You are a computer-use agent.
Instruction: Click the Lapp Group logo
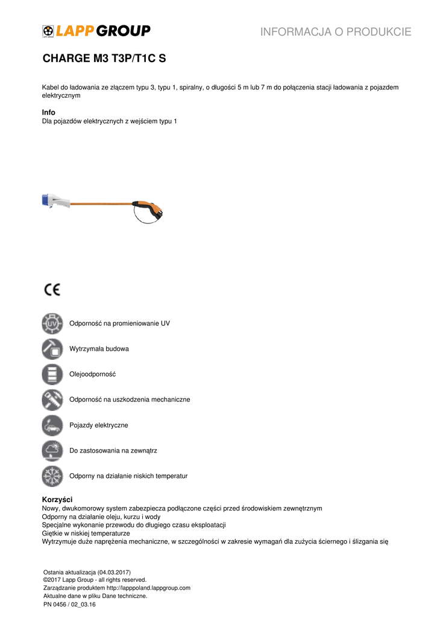(x=96, y=31)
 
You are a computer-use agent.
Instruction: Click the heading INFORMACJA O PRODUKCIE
(x=336, y=32)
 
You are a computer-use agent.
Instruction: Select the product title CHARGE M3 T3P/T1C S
(x=104, y=59)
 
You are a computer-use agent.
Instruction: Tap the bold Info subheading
(x=48, y=112)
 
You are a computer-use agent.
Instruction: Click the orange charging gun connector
(x=150, y=208)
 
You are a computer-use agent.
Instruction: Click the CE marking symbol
(x=52, y=290)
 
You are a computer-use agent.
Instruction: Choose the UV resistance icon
(x=52, y=323)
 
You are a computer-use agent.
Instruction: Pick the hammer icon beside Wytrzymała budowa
(x=52, y=349)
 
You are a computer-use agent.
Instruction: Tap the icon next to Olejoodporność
(x=52, y=374)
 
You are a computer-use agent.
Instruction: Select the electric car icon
(x=52, y=425)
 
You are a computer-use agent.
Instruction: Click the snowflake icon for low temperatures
(x=52, y=476)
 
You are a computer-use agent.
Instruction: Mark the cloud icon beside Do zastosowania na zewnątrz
(x=52, y=451)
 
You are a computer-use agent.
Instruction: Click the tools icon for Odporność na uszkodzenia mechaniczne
(x=52, y=400)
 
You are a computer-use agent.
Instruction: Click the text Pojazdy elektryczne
(x=99, y=425)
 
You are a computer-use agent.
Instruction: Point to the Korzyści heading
(x=57, y=500)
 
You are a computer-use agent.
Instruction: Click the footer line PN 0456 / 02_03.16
(x=69, y=604)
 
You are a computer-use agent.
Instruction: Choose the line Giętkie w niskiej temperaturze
(x=86, y=534)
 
